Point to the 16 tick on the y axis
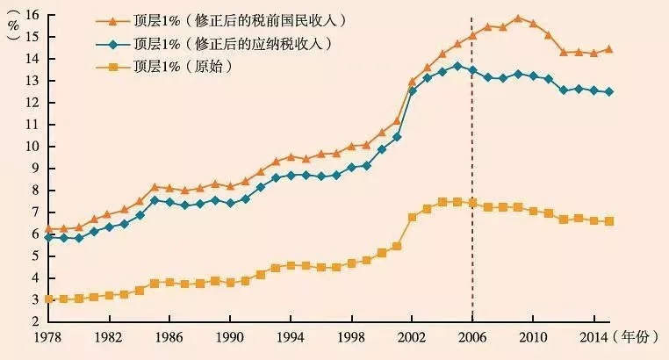(33, 15)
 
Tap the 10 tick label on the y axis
(33, 147)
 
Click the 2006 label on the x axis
(472, 337)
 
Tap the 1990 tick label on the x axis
(229, 337)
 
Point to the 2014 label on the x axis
(594, 337)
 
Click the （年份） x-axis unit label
(638, 337)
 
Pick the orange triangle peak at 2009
(518, 18)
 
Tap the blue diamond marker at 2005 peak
(457, 66)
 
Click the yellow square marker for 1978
(48, 299)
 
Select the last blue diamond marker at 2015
(609, 91)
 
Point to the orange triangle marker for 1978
(48, 228)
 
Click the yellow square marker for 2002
(412, 217)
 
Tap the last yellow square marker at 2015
(609, 221)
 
